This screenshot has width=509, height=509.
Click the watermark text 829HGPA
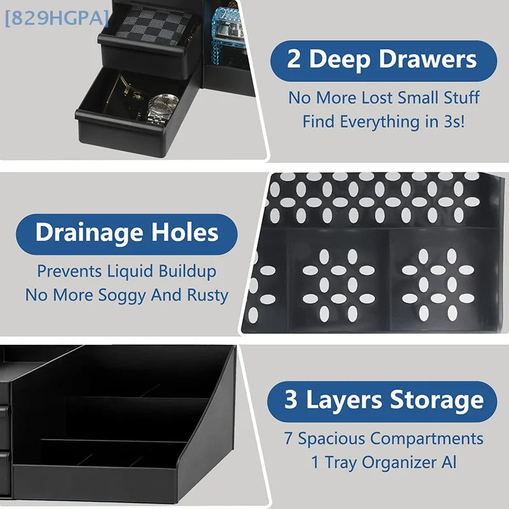57,18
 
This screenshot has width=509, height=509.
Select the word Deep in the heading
340,60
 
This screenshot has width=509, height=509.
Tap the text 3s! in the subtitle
454,122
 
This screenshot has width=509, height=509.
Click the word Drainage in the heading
89,234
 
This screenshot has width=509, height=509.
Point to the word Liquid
130,272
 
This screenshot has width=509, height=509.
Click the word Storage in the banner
437,401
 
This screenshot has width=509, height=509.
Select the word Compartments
427,439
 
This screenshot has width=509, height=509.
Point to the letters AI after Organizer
449,462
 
